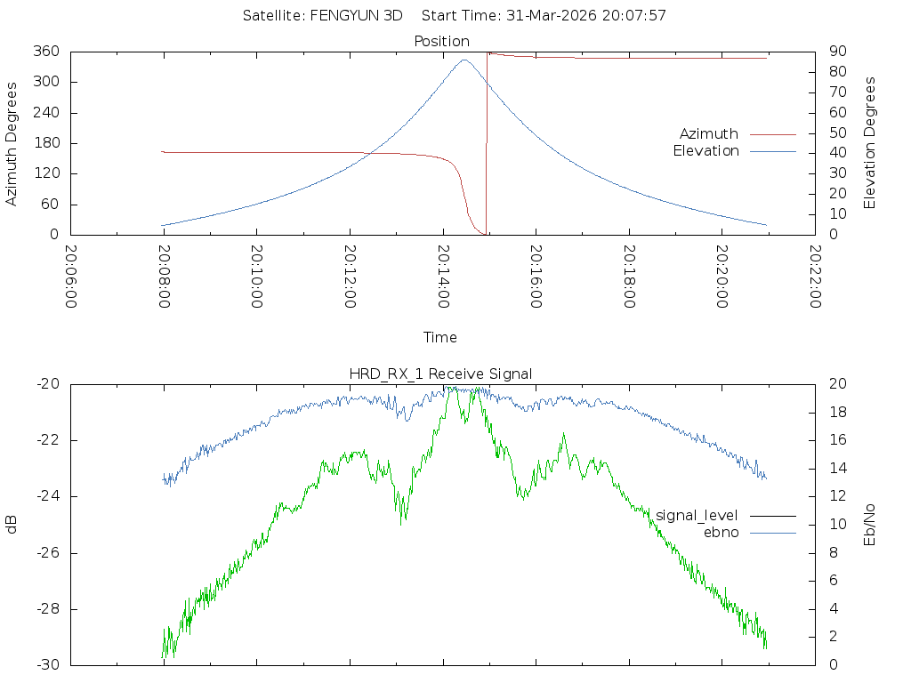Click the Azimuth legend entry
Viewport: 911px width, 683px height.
(x=709, y=133)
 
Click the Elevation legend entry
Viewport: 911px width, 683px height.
(x=705, y=151)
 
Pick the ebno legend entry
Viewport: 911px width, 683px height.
(x=722, y=533)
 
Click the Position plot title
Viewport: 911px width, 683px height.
(x=442, y=41)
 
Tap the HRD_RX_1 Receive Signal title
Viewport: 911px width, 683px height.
(x=440, y=374)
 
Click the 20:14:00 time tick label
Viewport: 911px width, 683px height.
(x=443, y=277)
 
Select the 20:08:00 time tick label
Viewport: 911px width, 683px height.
(x=164, y=277)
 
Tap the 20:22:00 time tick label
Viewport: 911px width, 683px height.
(x=815, y=277)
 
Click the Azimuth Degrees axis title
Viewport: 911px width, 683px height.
(x=12, y=143)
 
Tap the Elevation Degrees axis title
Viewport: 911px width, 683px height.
(x=870, y=143)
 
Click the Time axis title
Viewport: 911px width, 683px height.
(x=440, y=337)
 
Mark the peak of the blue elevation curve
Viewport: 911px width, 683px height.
(x=464, y=60)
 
